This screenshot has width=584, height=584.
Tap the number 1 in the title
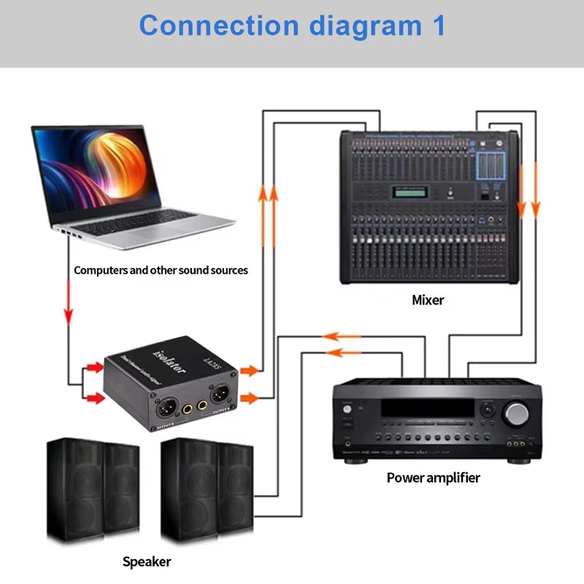click(436, 26)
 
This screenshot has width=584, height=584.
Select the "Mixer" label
click(427, 299)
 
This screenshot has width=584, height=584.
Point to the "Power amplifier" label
click(433, 478)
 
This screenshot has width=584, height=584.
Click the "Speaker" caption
click(146, 561)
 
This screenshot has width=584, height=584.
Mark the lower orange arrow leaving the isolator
click(249, 398)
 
